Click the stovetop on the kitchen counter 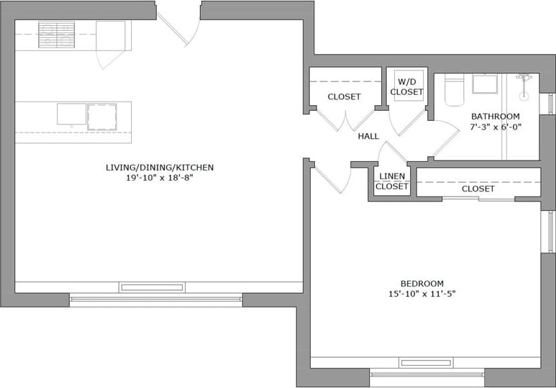56,35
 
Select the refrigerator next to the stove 110,35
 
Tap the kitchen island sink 71,114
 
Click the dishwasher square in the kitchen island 102,117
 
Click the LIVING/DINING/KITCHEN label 160,168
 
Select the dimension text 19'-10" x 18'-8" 160,178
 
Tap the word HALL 368,136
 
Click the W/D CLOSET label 406,87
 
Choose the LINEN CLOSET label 392,181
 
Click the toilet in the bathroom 454,91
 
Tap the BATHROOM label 495,117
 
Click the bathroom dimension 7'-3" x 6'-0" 495,127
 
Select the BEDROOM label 421,284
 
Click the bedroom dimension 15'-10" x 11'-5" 421,294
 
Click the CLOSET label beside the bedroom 478,189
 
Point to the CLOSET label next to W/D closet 344,96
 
